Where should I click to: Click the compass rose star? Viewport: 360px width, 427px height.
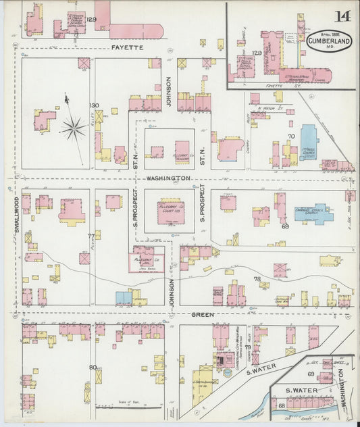pos(72,126)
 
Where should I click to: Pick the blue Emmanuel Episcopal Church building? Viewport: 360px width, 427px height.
pos(312,213)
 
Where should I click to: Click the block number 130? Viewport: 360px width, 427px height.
pos(95,105)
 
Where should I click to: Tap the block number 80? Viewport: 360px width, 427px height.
pos(93,368)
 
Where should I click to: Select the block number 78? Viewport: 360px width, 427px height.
pos(257,279)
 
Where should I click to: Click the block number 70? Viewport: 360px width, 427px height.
pos(291,137)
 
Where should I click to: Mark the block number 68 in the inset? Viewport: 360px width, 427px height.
pos(281,406)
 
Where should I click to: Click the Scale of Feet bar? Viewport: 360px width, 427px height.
pos(122,407)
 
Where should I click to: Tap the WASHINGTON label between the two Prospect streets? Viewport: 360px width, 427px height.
pos(168,178)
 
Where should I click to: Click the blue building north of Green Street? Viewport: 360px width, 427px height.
pos(123,297)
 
